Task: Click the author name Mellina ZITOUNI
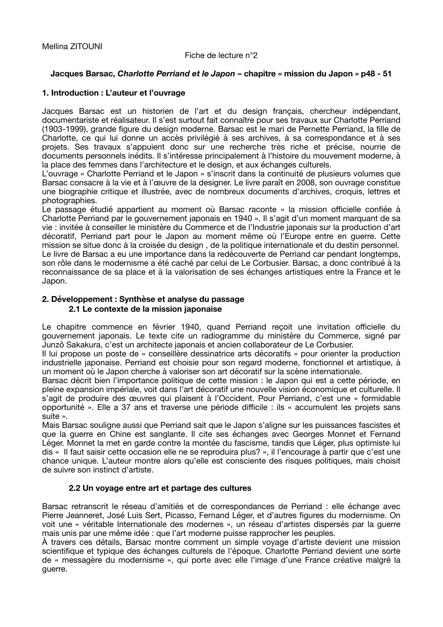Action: click(72, 46)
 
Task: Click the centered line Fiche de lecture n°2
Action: click(221, 55)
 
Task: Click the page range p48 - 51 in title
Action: click(375, 74)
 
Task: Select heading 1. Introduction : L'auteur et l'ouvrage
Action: click(113, 93)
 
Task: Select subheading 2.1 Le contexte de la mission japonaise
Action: click(145, 309)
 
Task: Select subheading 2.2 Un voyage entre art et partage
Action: click(160, 488)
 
